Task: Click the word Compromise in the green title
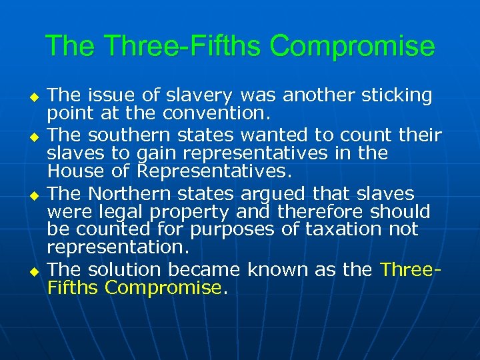click(353, 47)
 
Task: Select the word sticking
click(397, 96)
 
